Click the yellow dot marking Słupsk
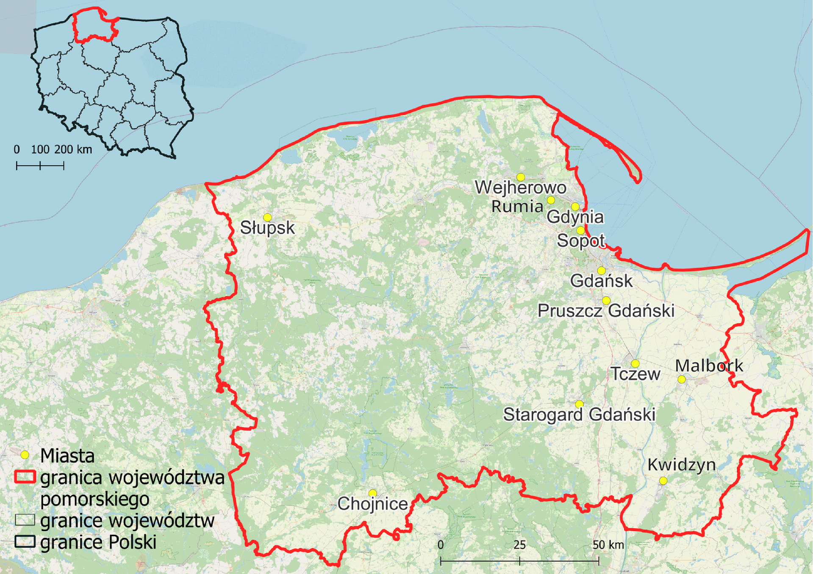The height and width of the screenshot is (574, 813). pos(267,218)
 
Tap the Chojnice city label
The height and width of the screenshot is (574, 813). pos(372,504)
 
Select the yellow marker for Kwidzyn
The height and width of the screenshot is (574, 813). pos(663,481)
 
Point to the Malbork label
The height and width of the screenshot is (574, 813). pos(709,366)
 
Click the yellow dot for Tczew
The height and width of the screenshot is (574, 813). pos(635,364)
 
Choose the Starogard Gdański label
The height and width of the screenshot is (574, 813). pos(579,414)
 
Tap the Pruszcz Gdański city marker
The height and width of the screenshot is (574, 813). pos(606,301)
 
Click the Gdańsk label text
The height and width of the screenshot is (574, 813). pos(601,281)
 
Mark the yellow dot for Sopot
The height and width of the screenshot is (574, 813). pos(580,231)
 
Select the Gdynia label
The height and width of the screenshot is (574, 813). pos(575,217)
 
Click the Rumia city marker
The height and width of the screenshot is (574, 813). pos(551,200)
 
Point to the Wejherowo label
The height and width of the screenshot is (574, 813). pos(520,188)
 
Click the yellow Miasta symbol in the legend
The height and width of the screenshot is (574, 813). pos(25,455)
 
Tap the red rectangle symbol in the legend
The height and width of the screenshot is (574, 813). pos(25,477)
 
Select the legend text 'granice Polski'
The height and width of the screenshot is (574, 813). pos(98,542)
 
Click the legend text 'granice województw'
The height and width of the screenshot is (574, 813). pos(127,521)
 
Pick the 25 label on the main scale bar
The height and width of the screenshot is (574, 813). pos(519,545)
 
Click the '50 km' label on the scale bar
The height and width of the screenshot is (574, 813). pos(608,545)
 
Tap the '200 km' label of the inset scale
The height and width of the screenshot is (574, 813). pos(73,149)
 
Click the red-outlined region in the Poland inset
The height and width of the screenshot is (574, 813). pos(95,26)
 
